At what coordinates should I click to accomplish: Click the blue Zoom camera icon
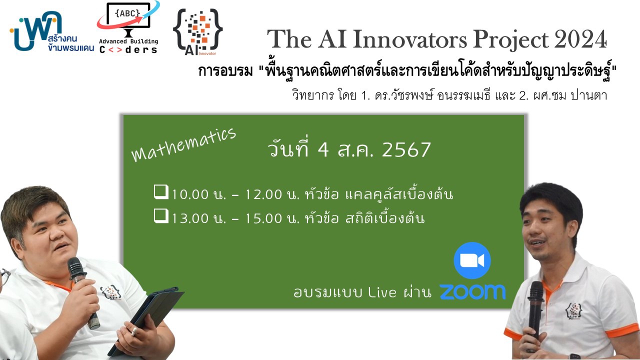point(472,260)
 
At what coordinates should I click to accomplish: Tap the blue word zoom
point(472,291)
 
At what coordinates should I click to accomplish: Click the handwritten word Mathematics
point(183,144)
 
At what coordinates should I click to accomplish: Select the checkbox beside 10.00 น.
point(161,191)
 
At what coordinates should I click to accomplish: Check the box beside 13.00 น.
point(161,215)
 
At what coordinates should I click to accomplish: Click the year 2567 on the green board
point(406,149)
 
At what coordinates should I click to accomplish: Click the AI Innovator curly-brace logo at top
point(197,31)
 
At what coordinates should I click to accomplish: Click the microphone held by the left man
point(83,292)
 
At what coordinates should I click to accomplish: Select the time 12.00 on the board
point(263,194)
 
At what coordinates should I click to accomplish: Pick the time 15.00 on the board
point(263,218)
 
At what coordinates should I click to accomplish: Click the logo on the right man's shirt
point(573,311)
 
